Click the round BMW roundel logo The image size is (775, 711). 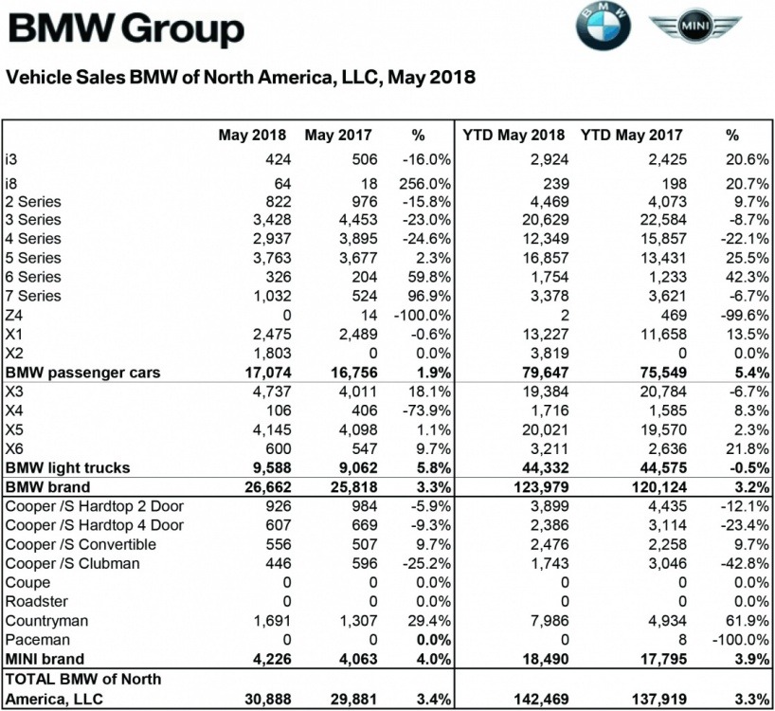click(x=603, y=27)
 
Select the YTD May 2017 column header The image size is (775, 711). click(x=631, y=135)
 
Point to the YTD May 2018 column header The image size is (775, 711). click(x=514, y=135)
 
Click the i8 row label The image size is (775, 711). click(x=11, y=182)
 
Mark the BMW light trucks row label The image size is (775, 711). click(x=67, y=468)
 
